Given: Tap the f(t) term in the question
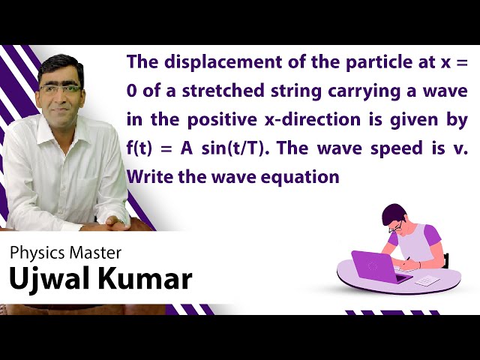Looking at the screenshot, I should pyautogui.click(x=142, y=148).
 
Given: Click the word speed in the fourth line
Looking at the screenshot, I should pyautogui.click(x=403, y=148).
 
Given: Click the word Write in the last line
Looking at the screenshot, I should pyautogui.click(x=149, y=177).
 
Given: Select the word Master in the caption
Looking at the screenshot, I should pyautogui.click(x=96, y=253).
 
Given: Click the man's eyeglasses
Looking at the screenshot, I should pyautogui.click(x=60, y=89).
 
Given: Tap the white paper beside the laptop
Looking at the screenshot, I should pyautogui.click(x=426, y=280).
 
